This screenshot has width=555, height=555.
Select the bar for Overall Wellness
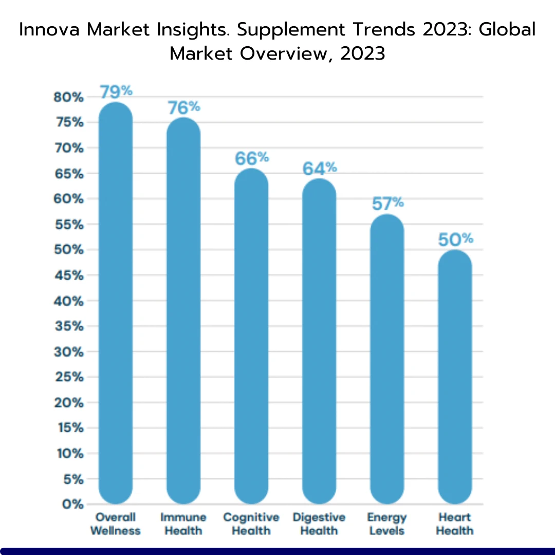point(116,303)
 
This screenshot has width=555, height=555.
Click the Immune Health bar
point(183,311)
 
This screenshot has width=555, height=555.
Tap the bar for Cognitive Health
point(251,336)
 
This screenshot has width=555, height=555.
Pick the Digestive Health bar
point(319,341)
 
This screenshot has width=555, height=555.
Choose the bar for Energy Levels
point(387,359)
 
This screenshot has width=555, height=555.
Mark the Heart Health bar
point(455,377)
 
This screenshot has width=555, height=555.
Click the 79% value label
point(116,91)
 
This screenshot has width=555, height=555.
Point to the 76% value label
point(183,107)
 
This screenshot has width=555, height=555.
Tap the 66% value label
point(252,158)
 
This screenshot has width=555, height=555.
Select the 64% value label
point(320,168)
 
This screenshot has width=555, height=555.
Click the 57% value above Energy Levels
point(388,203)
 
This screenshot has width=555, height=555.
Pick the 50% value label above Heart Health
point(455,239)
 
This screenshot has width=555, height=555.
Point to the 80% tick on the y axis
point(68,97)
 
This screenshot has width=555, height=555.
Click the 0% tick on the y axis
point(73,504)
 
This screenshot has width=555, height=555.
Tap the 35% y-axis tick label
point(69,326)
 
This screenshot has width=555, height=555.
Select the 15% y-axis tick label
point(71,428)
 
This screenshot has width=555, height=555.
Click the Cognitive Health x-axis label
point(251,524)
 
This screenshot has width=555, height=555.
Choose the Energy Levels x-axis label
point(387,524)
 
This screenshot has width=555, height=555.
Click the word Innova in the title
point(49,29)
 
